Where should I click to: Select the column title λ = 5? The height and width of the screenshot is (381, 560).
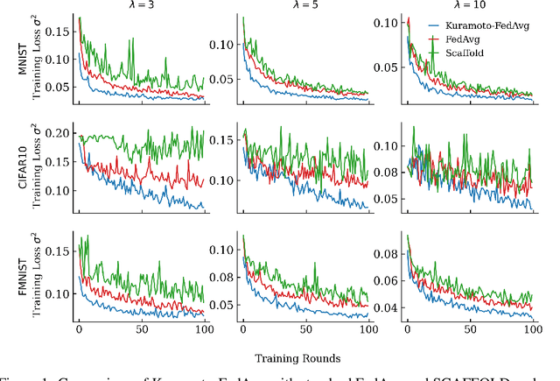pos(305,5)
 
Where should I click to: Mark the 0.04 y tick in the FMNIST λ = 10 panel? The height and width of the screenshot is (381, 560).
pos(386,307)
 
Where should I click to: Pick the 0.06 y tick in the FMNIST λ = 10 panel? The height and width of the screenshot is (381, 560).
pos(386,281)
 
